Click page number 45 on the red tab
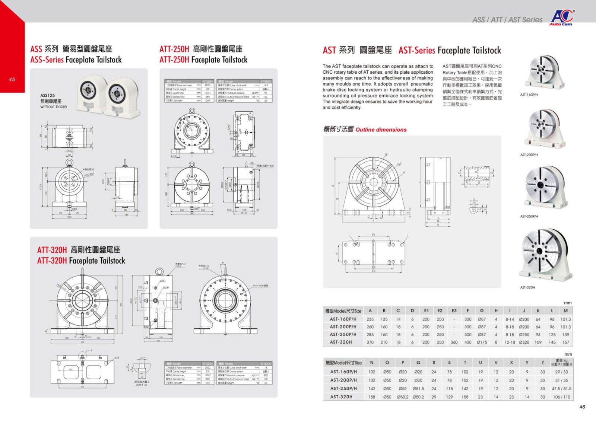coord(12,79)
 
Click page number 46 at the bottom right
coord(582,407)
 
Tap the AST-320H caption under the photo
coord(527,287)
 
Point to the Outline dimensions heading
coord(381,130)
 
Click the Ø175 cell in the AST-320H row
coord(482,342)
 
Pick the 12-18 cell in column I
coord(510,342)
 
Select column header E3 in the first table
coord(454,310)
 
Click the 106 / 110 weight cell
coord(562,397)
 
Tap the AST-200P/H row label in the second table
coord(343,380)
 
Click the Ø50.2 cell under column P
coord(402,397)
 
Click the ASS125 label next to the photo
coord(47,96)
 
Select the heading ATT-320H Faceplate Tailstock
coord(81,261)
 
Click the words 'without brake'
coord(53,106)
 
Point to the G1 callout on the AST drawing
coord(386,154)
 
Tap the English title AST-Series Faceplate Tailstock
coord(450,50)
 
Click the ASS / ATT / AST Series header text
coord(507,20)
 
